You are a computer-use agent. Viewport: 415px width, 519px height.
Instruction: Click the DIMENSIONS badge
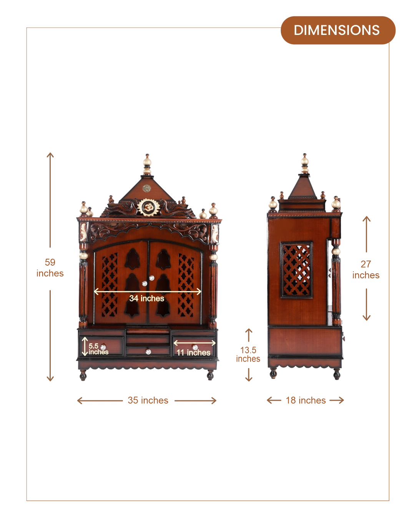(x=337, y=30)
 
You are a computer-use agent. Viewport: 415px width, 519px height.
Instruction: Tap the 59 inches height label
(x=50, y=268)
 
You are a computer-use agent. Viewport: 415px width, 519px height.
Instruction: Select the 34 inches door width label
(x=147, y=298)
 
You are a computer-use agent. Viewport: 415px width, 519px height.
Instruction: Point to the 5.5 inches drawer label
(x=98, y=349)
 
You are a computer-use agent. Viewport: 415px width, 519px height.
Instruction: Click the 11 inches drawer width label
(x=194, y=352)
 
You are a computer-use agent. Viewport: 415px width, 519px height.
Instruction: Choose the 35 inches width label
(x=148, y=400)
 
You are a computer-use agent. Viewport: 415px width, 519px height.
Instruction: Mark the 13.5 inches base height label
(x=248, y=354)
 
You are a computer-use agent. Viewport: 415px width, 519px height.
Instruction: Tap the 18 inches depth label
(x=305, y=400)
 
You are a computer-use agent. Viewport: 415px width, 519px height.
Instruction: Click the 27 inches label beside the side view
(x=366, y=270)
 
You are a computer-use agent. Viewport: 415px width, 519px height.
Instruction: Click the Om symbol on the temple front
(x=147, y=208)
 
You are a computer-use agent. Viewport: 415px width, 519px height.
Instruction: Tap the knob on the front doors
(x=144, y=283)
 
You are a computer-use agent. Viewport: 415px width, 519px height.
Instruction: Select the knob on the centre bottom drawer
(x=148, y=350)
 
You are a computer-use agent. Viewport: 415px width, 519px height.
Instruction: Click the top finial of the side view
(x=305, y=164)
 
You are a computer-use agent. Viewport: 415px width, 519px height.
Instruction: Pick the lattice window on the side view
(x=296, y=269)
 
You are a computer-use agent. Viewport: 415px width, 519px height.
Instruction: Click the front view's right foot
(x=210, y=375)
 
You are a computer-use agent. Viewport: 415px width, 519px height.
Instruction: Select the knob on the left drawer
(x=103, y=347)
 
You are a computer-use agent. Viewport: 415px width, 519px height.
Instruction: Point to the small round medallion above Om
(x=146, y=188)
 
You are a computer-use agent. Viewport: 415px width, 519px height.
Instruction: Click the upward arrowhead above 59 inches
(x=50, y=155)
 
